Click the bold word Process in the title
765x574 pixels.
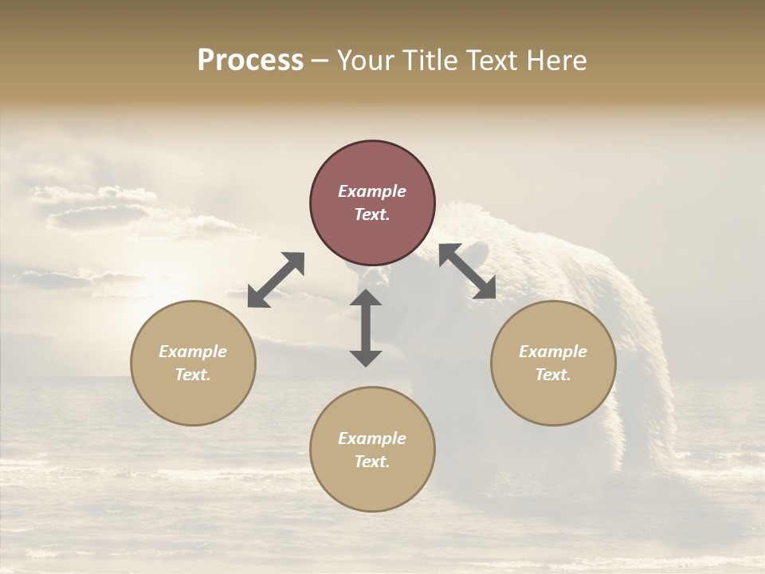coord(250,61)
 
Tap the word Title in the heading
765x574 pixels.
coord(431,61)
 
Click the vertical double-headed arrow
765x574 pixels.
coord(366,328)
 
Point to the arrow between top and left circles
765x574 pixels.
coord(276,280)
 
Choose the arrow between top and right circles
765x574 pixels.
coord(468,271)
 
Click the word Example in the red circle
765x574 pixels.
coord(372,191)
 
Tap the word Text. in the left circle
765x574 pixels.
coord(193,375)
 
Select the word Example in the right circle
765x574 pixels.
coord(553,352)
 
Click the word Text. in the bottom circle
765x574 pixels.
coord(372,462)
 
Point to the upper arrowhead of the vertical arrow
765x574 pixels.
coord(366,298)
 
